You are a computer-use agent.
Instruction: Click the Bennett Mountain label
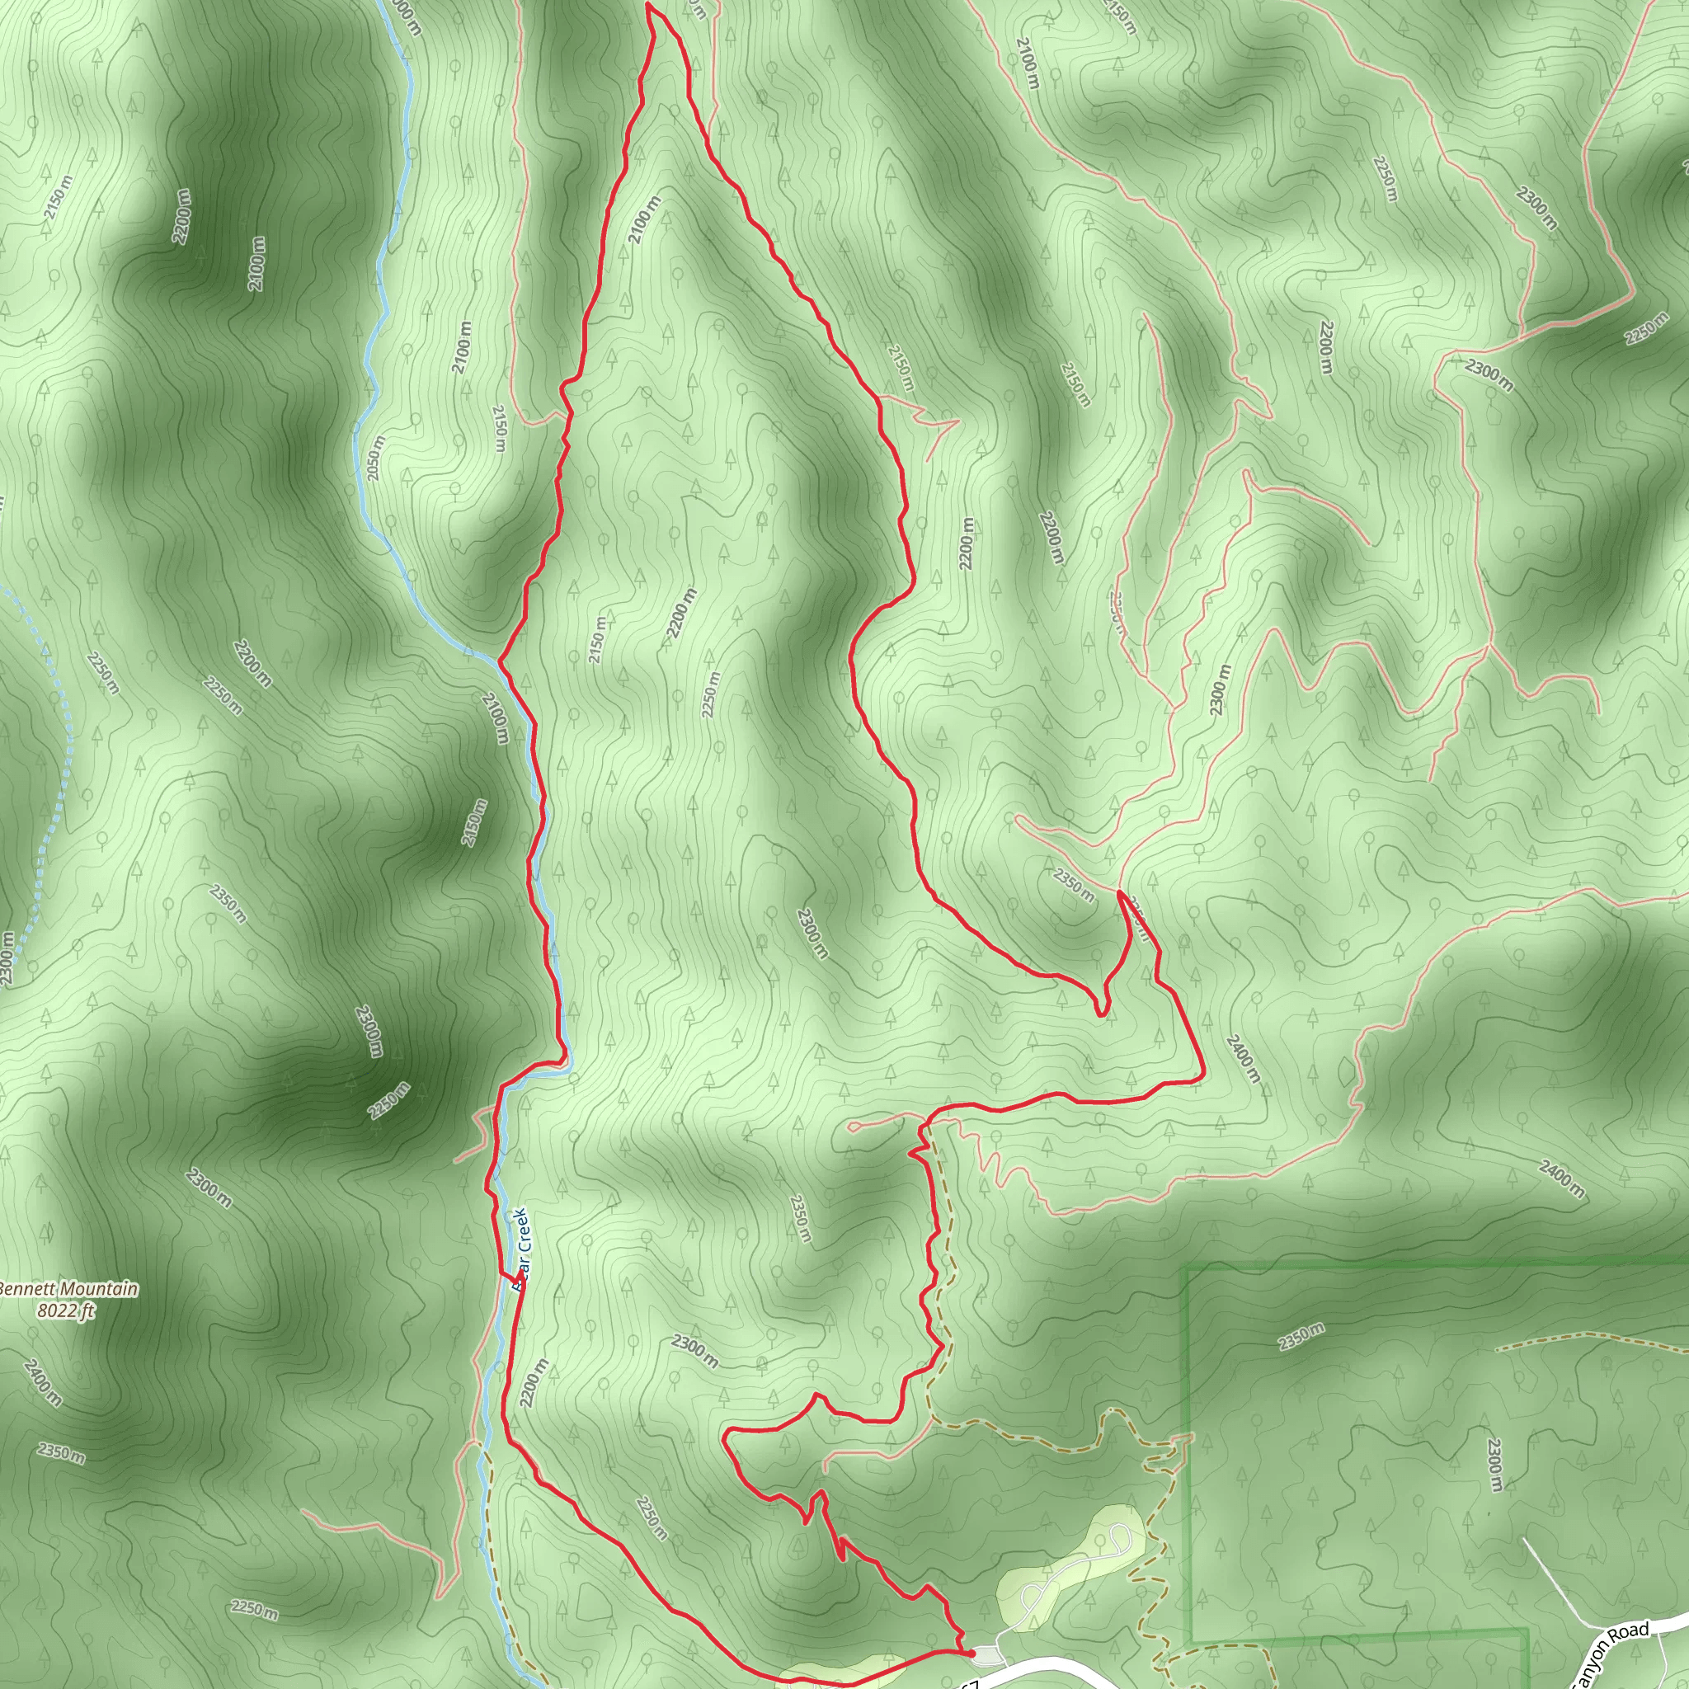68,1289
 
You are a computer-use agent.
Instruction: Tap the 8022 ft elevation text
67,1310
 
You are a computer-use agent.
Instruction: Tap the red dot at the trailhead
972,1652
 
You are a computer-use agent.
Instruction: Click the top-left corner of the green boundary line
1188,1266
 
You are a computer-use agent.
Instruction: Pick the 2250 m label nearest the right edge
1647,328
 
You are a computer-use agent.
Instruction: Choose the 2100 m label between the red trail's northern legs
644,219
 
